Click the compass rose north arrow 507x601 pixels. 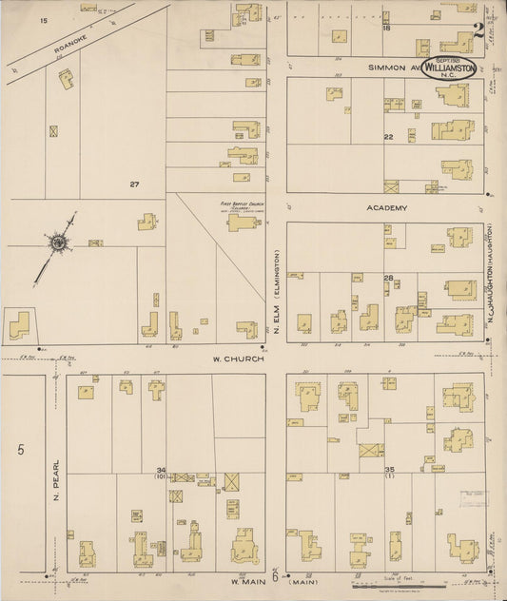58,244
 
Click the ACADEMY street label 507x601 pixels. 387,207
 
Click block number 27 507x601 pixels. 135,184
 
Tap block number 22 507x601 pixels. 388,137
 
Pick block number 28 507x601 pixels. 388,278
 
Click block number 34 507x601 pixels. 162,470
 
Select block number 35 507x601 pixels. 389,470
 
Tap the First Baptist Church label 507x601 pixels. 240,204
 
